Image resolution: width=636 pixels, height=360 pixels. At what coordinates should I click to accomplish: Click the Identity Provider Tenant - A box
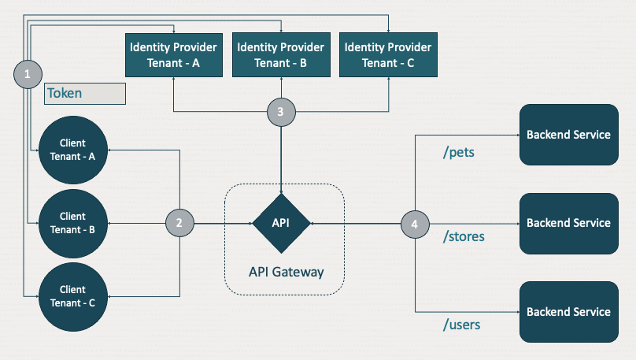pyautogui.click(x=174, y=55)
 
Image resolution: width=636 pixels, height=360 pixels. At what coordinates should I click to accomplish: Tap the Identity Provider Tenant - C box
pyautogui.click(x=389, y=55)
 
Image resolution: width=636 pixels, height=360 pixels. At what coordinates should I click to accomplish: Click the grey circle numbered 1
pyautogui.click(x=28, y=75)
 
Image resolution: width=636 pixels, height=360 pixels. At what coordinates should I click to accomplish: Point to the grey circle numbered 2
pyautogui.click(x=179, y=223)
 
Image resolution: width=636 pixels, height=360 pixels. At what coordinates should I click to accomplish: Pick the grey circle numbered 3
pyautogui.click(x=281, y=112)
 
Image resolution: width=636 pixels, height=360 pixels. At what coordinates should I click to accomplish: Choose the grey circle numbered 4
pyautogui.click(x=415, y=224)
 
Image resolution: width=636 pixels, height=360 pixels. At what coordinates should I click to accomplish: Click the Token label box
pyautogui.click(x=85, y=93)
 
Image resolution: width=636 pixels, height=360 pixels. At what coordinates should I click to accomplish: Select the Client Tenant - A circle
pyautogui.click(x=72, y=150)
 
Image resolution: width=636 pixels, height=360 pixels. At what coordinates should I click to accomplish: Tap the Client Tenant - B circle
pyautogui.click(x=72, y=223)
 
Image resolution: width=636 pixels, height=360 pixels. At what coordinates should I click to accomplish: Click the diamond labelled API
pyautogui.click(x=281, y=223)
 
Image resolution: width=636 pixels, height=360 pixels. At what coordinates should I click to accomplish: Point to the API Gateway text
pyautogui.click(x=286, y=272)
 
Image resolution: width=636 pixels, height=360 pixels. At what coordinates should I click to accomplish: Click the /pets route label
pyautogui.click(x=458, y=152)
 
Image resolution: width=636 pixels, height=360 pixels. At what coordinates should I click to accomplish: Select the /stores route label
pyautogui.click(x=464, y=236)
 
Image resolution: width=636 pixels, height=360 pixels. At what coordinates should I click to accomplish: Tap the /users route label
pyautogui.click(x=461, y=324)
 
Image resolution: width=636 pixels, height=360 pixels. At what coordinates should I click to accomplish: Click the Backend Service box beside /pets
pyautogui.click(x=568, y=135)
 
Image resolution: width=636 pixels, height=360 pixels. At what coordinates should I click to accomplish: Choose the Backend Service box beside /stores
pyautogui.click(x=568, y=223)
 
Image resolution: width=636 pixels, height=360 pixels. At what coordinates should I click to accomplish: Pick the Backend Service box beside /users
pyautogui.click(x=568, y=312)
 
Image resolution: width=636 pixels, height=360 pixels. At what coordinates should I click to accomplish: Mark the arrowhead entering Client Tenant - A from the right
pyautogui.click(x=111, y=150)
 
